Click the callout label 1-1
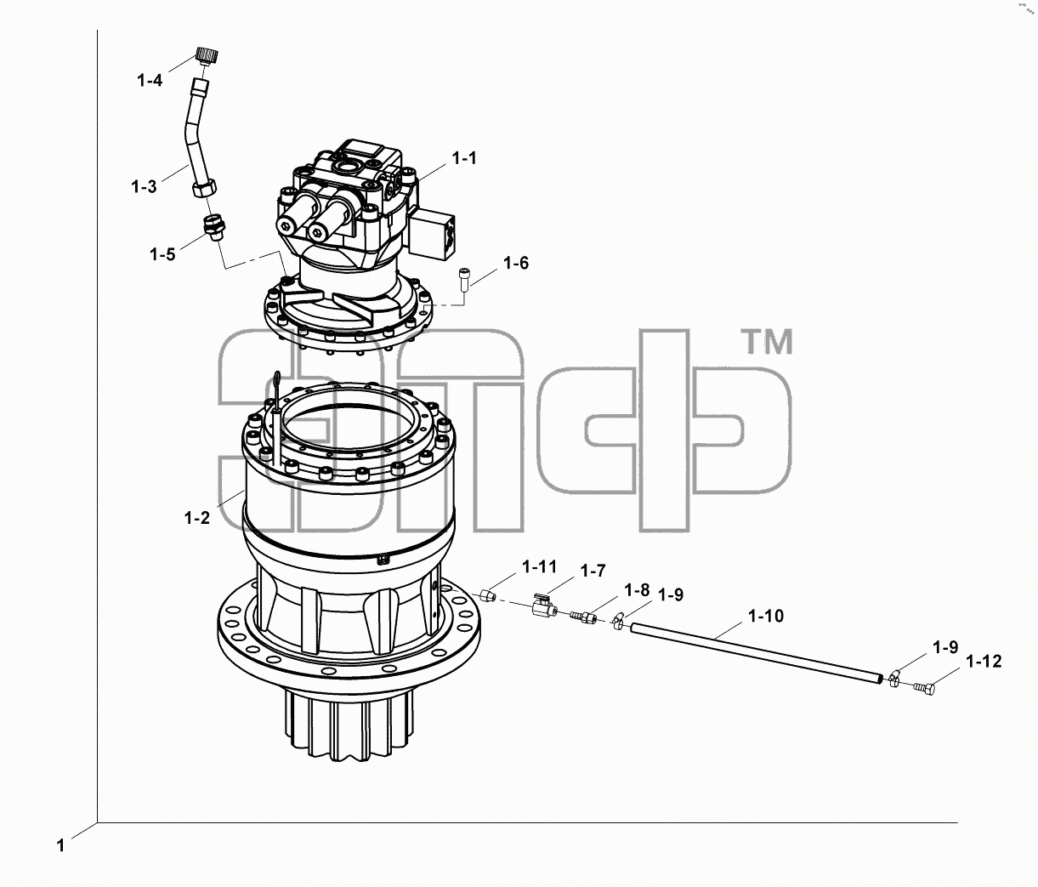(x=464, y=159)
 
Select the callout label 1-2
(x=197, y=518)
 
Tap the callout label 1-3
(x=145, y=187)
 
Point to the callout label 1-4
(x=150, y=80)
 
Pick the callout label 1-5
(x=162, y=254)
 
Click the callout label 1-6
(x=516, y=263)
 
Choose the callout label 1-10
(x=766, y=616)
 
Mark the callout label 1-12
(x=984, y=662)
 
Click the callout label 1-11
(x=539, y=567)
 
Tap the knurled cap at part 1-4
(x=207, y=55)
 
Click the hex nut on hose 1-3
(x=204, y=190)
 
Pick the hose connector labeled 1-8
(x=583, y=617)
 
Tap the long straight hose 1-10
(x=757, y=653)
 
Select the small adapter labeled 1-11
(x=487, y=595)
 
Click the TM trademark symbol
(x=768, y=342)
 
